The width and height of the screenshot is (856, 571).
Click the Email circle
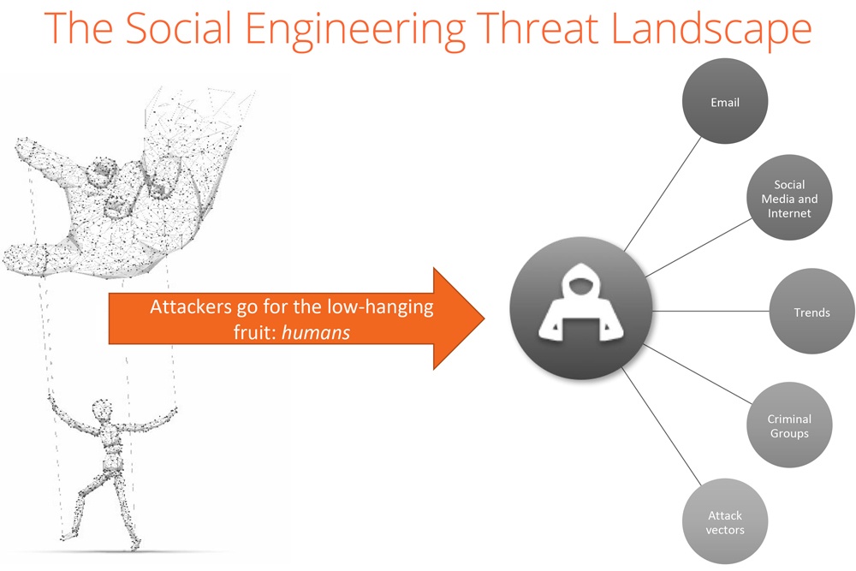point(725,102)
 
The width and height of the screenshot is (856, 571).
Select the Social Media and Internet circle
point(789,198)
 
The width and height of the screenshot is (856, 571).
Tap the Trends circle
point(811,312)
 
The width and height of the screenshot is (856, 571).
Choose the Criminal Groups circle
point(789,425)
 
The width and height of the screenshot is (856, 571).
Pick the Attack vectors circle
point(725,521)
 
